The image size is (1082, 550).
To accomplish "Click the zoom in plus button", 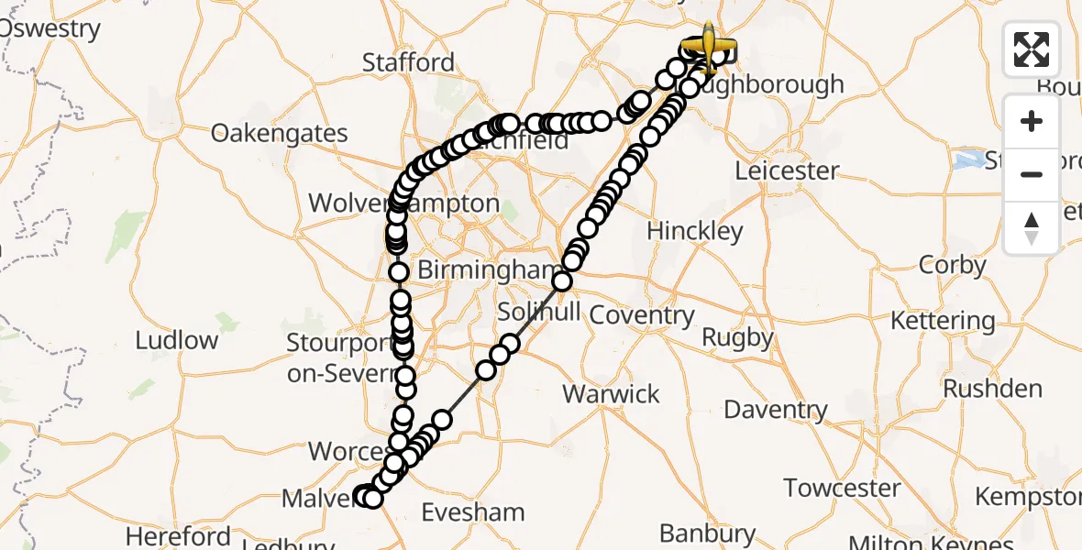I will pyautogui.click(x=1032, y=122).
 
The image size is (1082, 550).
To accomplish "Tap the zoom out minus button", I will pyautogui.click(x=1032, y=174).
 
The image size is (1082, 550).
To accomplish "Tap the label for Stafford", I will pyautogui.click(x=408, y=62).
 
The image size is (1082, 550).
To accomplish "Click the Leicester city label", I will pyautogui.click(x=787, y=170).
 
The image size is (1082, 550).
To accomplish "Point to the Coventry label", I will pyautogui.click(x=642, y=314).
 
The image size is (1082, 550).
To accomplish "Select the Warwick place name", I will pyautogui.click(x=611, y=394).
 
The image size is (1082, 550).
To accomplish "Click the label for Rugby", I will pyautogui.click(x=738, y=337).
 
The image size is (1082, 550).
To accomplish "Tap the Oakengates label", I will pyautogui.click(x=280, y=133).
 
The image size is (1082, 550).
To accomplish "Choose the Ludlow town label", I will pyautogui.click(x=177, y=340).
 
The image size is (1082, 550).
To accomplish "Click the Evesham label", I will pyautogui.click(x=473, y=511).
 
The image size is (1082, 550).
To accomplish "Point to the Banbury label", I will pyautogui.click(x=708, y=533).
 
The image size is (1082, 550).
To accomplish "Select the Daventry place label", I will pyautogui.click(x=776, y=409).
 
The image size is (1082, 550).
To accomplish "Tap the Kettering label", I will pyautogui.click(x=943, y=321).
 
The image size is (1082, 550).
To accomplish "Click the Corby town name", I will pyautogui.click(x=953, y=266).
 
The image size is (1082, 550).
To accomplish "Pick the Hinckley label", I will pyautogui.click(x=694, y=231).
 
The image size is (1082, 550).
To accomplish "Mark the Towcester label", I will pyautogui.click(x=842, y=488).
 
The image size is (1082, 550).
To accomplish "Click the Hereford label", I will pyautogui.click(x=179, y=535).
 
